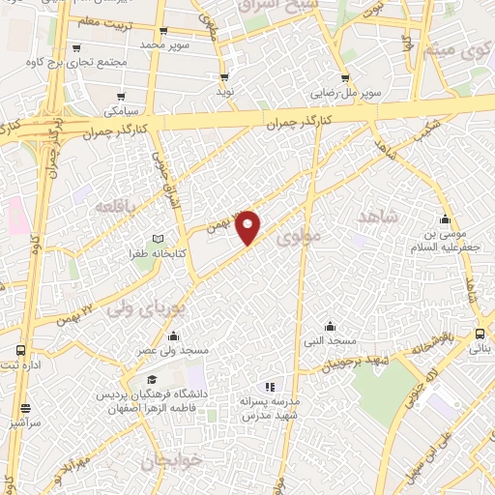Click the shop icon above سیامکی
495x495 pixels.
(122, 97)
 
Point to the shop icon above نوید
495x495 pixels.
(224, 76)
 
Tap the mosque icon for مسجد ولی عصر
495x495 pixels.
(173, 336)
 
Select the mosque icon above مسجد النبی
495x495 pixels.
(331, 326)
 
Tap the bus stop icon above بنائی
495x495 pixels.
(480, 333)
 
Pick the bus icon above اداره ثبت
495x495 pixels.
(21, 350)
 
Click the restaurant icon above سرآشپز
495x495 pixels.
(25, 409)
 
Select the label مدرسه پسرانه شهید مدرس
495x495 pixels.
(275, 407)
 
